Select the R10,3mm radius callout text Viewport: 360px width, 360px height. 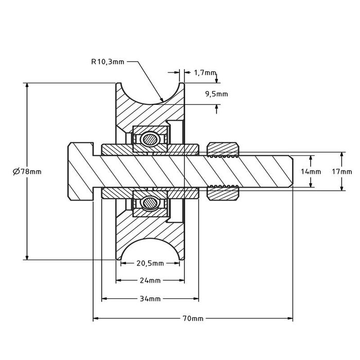point(107,61)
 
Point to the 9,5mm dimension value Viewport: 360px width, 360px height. point(216,94)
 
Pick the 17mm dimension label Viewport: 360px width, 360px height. point(342,171)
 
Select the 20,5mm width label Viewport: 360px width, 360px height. point(150,263)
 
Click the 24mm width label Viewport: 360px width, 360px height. point(150,281)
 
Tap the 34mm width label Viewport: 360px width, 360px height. point(150,299)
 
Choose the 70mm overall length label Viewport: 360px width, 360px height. point(193,318)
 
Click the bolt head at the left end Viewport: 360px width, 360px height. point(80,171)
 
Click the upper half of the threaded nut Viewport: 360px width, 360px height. point(223,149)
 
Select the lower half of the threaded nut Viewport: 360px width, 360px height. point(223,194)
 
